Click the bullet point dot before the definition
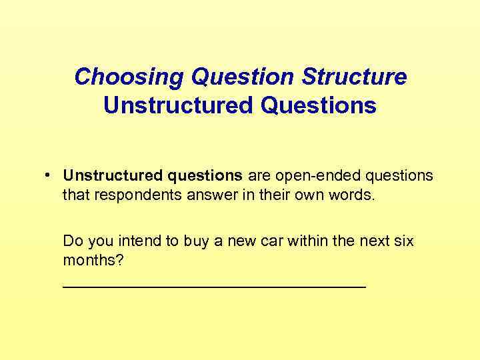[49, 175]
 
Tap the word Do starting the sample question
[71, 241]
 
